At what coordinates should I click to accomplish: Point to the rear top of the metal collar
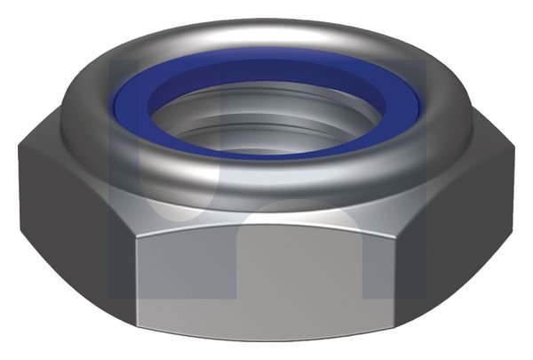266,31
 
